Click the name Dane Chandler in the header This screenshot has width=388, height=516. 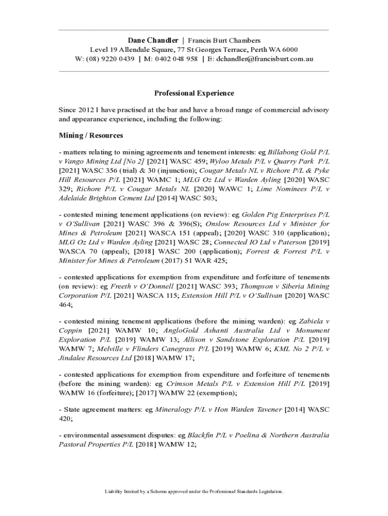pos(153,40)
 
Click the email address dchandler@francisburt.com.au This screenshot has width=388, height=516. pos(265,59)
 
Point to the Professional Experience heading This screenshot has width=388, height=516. pos(194,93)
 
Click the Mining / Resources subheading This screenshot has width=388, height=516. pos(91,136)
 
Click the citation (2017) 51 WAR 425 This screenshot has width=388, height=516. pos(194,261)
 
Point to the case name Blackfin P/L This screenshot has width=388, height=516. pos(207,435)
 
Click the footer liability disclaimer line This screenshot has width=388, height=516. pos(194,491)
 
